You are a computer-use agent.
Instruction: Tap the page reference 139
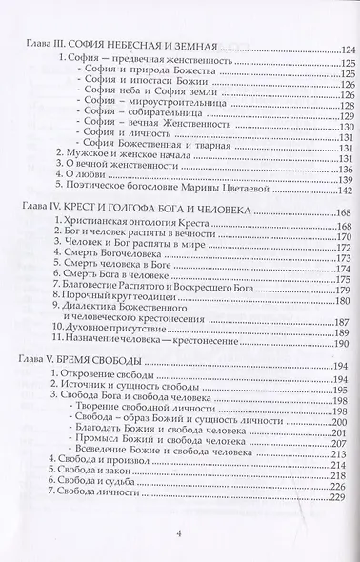pyautogui.click(x=332, y=184)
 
